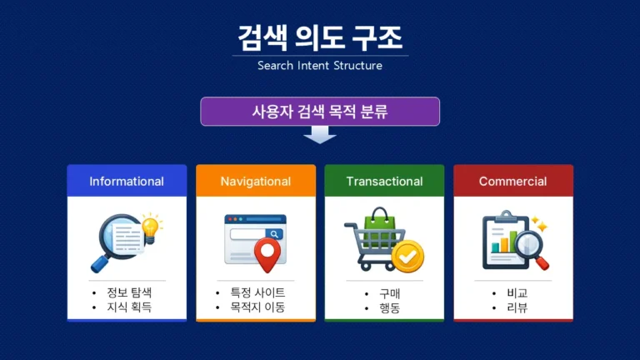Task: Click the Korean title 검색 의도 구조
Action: [x=320, y=37]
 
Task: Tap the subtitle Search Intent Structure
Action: [x=320, y=65]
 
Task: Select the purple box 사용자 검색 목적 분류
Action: [x=320, y=112]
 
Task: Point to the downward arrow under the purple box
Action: [x=320, y=135]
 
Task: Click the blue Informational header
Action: [x=127, y=181]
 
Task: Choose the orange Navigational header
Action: [x=256, y=181]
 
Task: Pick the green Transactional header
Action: [x=384, y=181]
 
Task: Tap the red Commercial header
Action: [x=512, y=181]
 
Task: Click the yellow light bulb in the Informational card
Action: [x=151, y=226]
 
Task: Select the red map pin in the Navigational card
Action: [x=266, y=254]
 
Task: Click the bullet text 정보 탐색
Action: [x=129, y=293]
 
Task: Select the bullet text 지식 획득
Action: [x=129, y=307]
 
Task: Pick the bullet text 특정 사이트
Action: [x=257, y=293]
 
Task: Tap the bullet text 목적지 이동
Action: [x=257, y=307]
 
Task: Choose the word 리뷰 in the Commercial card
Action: [x=517, y=307]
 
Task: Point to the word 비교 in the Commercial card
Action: [x=517, y=293]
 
